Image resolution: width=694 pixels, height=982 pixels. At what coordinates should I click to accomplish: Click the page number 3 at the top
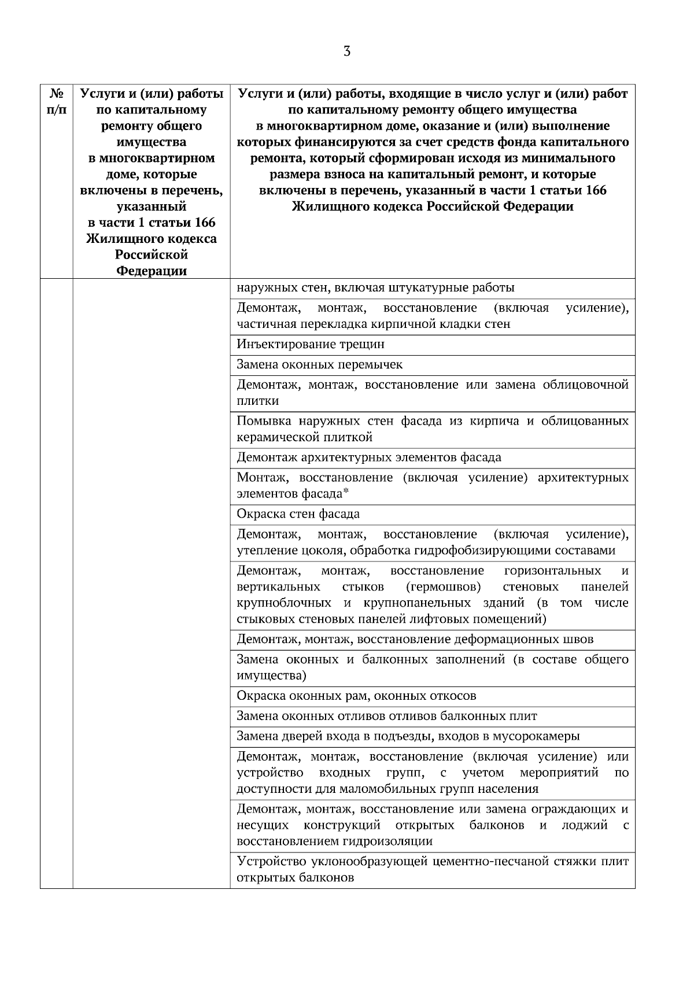pyautogui.click(x=346, y=51)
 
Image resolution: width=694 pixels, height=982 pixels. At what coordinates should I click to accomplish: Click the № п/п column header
pyautogui.click(x=56, y=101)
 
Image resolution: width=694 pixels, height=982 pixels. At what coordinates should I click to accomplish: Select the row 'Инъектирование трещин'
pyautogui.click(x=311, y=345)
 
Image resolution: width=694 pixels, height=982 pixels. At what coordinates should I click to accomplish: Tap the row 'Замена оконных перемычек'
pyautogui.click(x=319, y=365)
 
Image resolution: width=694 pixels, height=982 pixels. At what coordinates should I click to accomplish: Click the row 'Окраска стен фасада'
pyautogui.click(x=298, y=514)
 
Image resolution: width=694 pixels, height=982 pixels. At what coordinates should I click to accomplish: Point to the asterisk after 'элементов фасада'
pyautogui.click(x=346, y=493)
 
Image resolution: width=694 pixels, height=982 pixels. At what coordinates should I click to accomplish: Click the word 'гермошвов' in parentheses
pyautogui.click(x=444, y=588)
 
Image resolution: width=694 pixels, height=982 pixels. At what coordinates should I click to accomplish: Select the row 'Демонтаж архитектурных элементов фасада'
pyautogui.click(x=369, y=458)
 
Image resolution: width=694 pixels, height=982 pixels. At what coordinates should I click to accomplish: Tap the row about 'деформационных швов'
pyautogui.click(x=415, y=640)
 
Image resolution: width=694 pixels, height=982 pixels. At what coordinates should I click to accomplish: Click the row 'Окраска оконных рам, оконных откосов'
pyautogui.click(x=356, y=696)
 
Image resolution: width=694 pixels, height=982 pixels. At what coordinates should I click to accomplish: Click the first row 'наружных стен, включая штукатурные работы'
pyautogui.click(x=375, y=288)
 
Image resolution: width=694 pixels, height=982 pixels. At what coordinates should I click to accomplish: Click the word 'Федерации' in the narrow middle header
pyautogui.click(x=152, y=271)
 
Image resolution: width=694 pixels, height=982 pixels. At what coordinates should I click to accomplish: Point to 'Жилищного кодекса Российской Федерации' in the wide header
pyautogui.click(x=433, y=207)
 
